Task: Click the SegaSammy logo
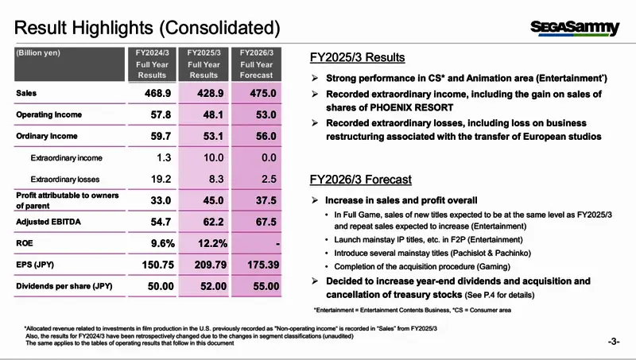pyautogui.click(x=575, y=28)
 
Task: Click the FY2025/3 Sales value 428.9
pyautogui.click(x=204, y=93)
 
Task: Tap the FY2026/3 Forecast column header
pyautogui.click(x=257, y=64)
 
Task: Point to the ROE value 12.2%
pyautogui.click(x=204, y=242)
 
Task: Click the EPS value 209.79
pyautogui.click(x=204, y=264)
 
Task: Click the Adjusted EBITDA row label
pyautogui.click(x=47, y=221)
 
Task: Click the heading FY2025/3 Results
pyautogui.click(x=357, y=58)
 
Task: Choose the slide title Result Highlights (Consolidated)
pyautogui.click(x=147, y=29)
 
